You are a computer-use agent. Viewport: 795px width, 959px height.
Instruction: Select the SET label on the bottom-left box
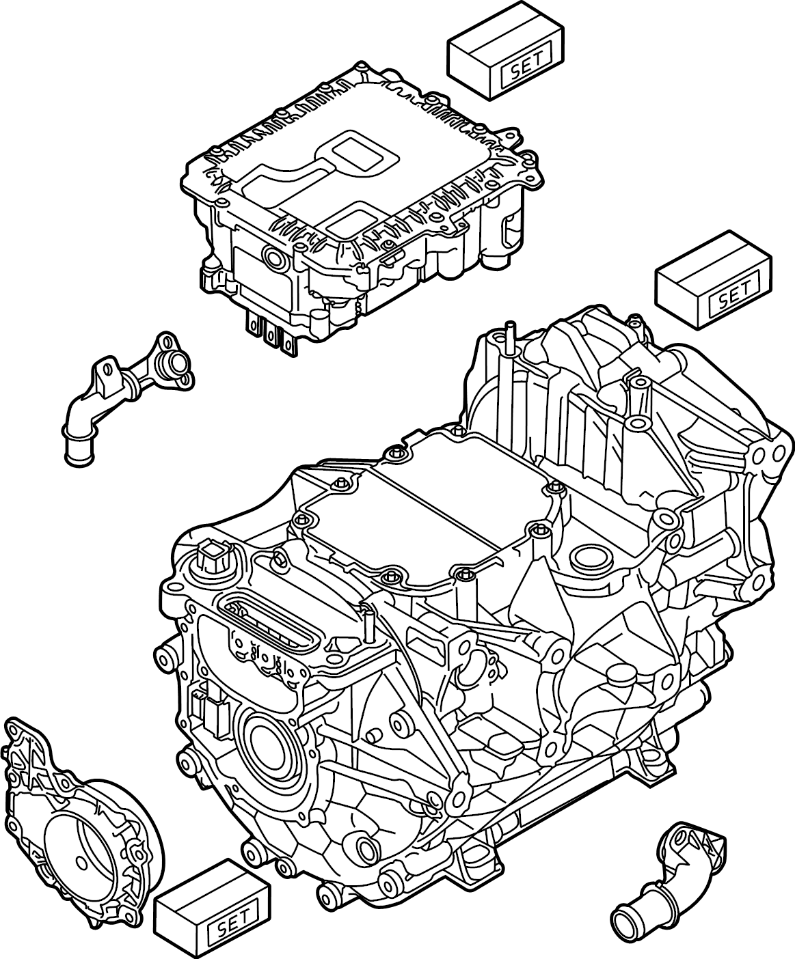[x=234, y=928]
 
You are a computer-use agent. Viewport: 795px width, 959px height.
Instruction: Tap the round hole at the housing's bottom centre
[x=370, y=850]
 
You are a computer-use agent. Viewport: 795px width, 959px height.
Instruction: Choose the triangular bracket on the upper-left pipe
[x=105, y=380]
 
